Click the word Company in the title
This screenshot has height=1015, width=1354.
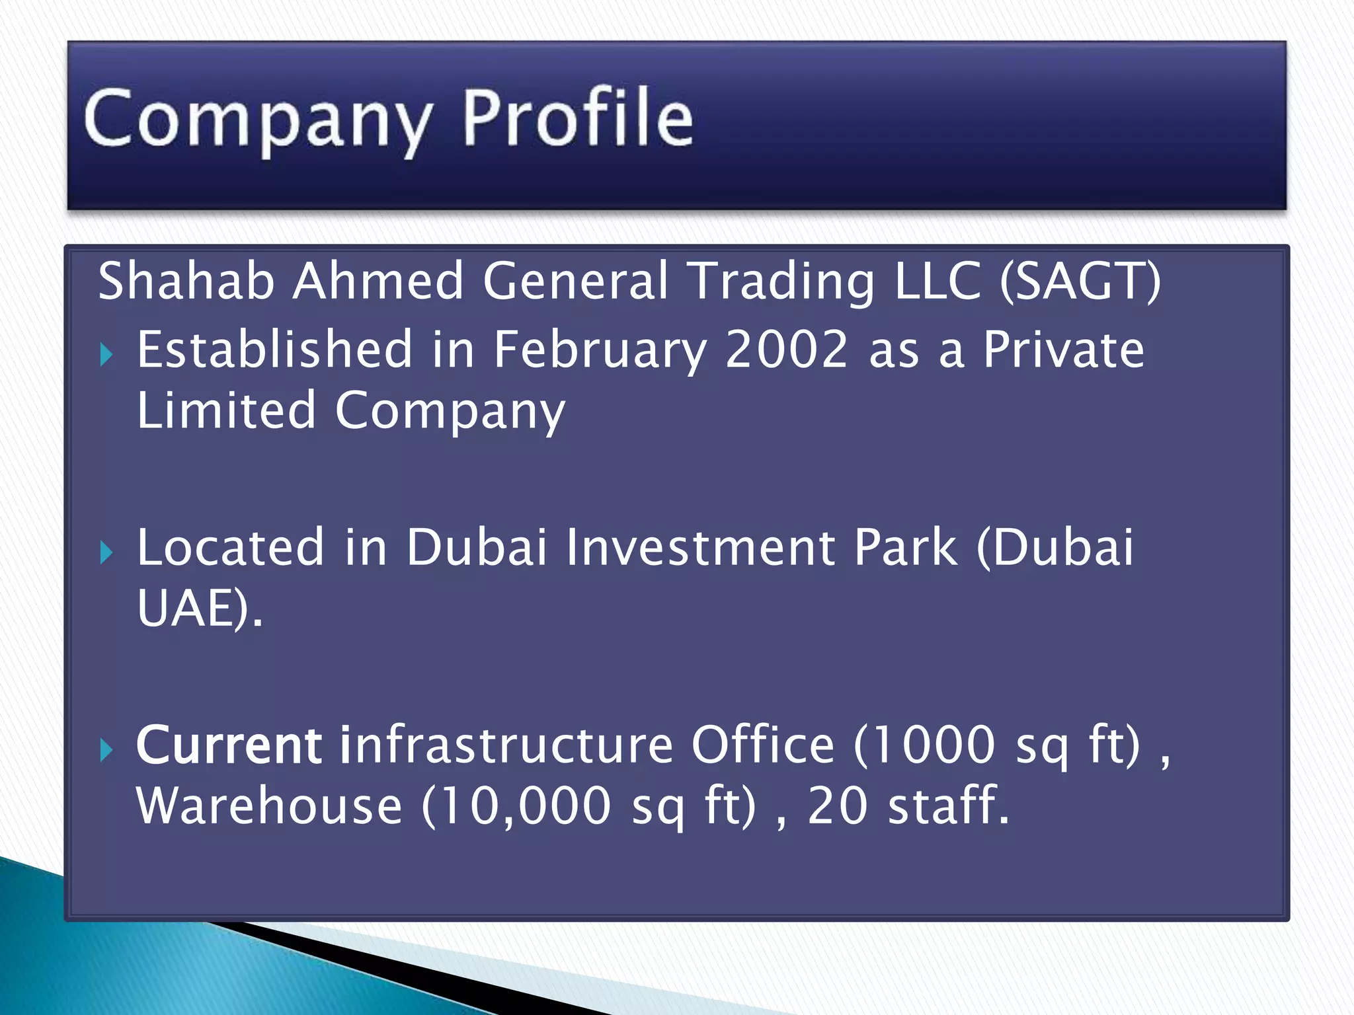[x=258, y=119]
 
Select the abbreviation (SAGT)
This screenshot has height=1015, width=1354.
[x=1080, y=281]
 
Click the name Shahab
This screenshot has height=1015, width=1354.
[x=186, y=281]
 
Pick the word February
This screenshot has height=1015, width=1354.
[x=600, y=350]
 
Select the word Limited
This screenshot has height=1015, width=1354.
[x=226, y=410]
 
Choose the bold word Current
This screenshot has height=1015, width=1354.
[x=229, y=745]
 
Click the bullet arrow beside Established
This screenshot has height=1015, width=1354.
[x=106, y=356]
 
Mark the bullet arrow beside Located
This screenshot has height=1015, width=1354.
[x=106, y=552]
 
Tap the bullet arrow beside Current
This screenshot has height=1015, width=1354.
[x=106, y=750]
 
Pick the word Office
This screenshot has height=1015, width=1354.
[x=763, y=745]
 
